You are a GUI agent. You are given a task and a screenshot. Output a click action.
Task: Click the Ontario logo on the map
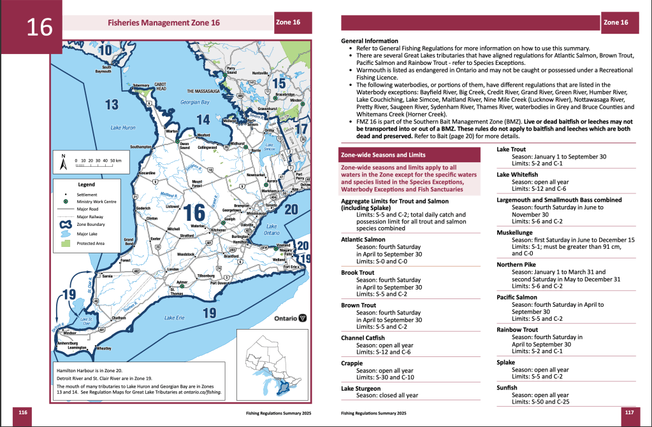click(291, 318)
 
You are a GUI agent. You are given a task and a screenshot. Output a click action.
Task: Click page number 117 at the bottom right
click(629, 412)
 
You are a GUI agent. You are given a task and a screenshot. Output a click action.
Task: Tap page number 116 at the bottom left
click(24, 412)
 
